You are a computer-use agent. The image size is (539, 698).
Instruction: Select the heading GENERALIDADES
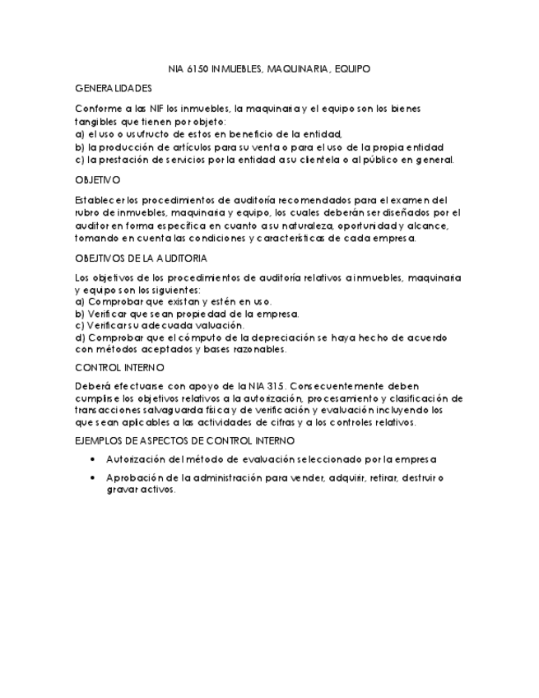click(x=114, y=88)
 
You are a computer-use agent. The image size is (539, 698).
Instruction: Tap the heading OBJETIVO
click(x=97, y=179)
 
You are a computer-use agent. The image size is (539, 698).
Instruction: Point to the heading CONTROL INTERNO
click(x=119, y=367)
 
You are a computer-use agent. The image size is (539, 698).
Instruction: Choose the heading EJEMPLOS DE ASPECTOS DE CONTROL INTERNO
click(x=173, y=442)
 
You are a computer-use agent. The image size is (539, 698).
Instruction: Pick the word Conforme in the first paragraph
click(x=100, y=108)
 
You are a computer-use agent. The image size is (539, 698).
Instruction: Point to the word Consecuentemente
click(x=349, y=386)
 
